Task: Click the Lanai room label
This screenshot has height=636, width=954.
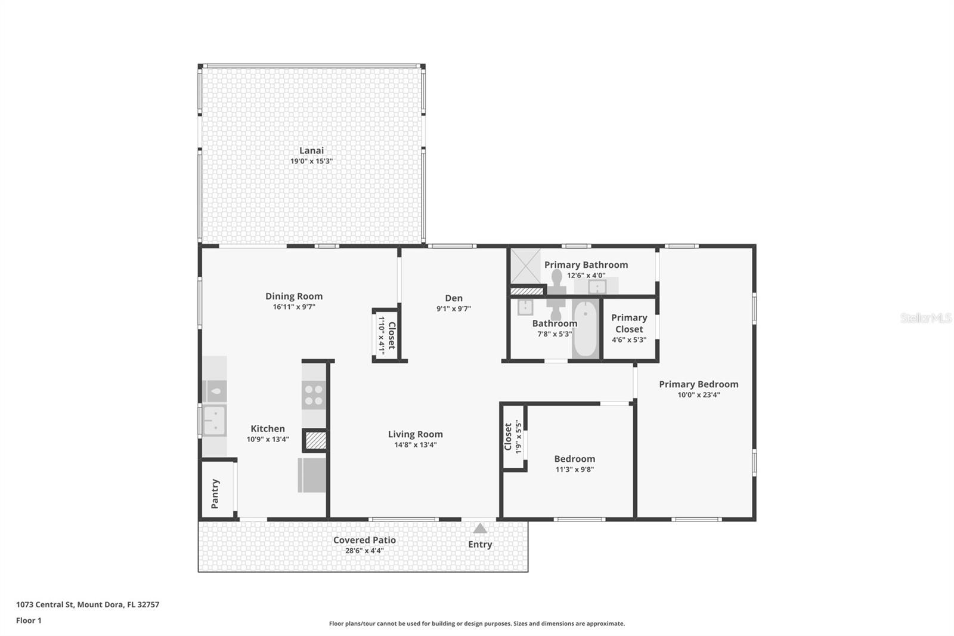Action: tap(311, 151)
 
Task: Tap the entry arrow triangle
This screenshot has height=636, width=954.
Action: tap(480, 529)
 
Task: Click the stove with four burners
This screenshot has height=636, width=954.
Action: tap(314, 395)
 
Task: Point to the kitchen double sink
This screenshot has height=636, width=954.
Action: tap(214, 421)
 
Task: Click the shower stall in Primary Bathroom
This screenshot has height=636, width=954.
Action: tap(525, 266)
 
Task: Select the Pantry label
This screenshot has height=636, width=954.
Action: tap(215, 493)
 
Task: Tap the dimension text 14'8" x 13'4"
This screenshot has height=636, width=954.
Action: tap(416, 444)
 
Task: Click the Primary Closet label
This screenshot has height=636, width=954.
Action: tap(629, 323)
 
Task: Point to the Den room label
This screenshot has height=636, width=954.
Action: tap(454, 298)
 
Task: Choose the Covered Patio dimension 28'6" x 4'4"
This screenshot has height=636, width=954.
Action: tap(364, 551)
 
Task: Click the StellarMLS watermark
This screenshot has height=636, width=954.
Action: tap(925, 318)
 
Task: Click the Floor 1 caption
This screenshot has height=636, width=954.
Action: tap(29, 620)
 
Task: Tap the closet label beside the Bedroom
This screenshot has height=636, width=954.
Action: tap(509, 437)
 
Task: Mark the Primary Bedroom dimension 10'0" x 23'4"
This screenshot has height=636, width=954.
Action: tap(699, 394)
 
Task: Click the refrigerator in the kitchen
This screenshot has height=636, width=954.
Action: tap(312, 475)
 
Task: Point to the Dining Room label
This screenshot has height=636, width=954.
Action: tap(294, 296)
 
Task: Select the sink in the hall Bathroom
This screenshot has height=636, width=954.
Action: tap(525, 307)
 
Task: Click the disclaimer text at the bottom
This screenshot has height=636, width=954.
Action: tap(477, 623)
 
